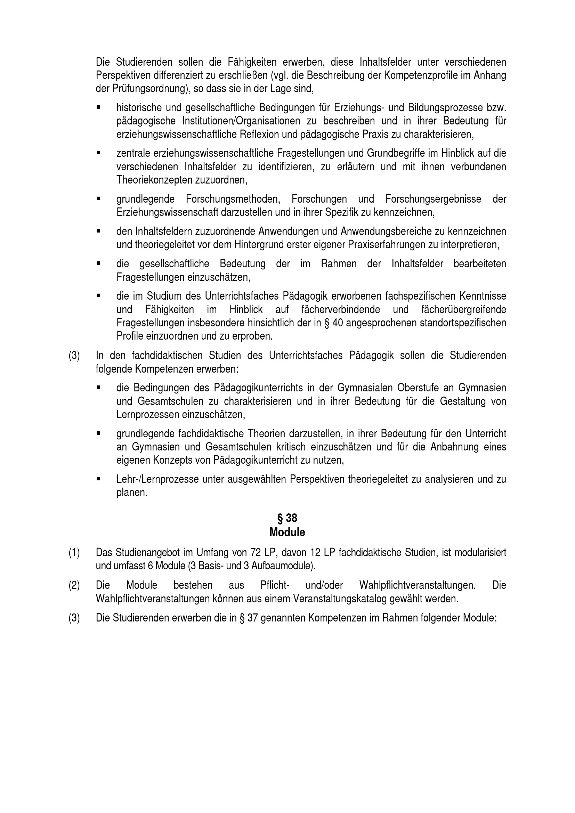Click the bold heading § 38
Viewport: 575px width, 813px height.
click(287, 518)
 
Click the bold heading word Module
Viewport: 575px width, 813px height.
click(287, 532)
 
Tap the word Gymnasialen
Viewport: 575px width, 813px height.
click(365, 388)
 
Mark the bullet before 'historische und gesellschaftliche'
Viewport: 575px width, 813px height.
click(98, 107)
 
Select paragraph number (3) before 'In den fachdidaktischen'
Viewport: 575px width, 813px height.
click(74, 356)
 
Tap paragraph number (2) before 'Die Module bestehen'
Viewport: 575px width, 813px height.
click(74, 585)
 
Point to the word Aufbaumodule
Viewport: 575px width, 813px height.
click(281, 566)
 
